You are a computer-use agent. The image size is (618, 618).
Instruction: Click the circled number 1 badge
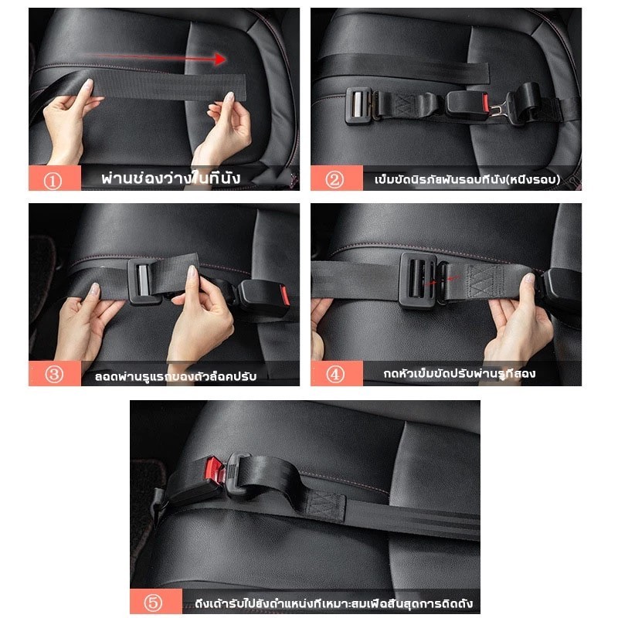pos(53,182)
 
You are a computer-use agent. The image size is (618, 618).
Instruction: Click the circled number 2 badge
pos(334,180)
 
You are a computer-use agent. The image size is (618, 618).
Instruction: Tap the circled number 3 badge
pos(53,374)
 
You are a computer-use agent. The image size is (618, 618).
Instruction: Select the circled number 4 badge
pos(335,374)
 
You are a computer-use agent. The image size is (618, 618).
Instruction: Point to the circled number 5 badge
pos(153,603)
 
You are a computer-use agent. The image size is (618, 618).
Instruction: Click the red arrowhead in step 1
pos(220,59)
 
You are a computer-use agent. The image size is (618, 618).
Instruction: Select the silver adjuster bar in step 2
pos(358,105)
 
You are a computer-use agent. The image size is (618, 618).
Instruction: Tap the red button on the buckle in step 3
pos(285,296)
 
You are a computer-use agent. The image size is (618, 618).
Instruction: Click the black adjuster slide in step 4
pos(418,280)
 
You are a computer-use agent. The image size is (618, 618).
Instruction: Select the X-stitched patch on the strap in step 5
pos(326,507)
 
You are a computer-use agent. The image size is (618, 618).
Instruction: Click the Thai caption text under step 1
pos(171,178)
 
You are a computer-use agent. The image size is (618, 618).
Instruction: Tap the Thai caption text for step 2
pos(467,180)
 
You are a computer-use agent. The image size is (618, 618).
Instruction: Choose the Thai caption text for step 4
pos(460,373)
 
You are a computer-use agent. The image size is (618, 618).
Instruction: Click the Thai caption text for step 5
pos(334,603)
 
